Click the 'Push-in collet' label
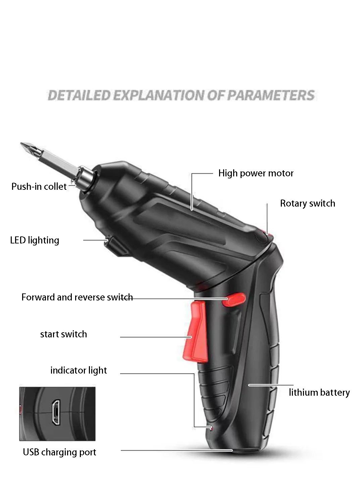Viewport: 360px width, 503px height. point(39,186)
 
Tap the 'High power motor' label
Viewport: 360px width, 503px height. point(256,173)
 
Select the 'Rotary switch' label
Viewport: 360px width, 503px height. point(307,204)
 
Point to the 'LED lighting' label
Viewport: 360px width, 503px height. point(35,240)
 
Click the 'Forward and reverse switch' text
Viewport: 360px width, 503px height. point(77,297)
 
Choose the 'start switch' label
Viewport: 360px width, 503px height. point(64,334)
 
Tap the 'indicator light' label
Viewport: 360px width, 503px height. point(79,371)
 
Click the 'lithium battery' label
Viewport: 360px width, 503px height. point(319,393)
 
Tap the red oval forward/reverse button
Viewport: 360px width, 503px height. point(234,299)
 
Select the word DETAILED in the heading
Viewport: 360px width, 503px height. point(79,95)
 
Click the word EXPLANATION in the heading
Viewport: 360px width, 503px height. point(159,95)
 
